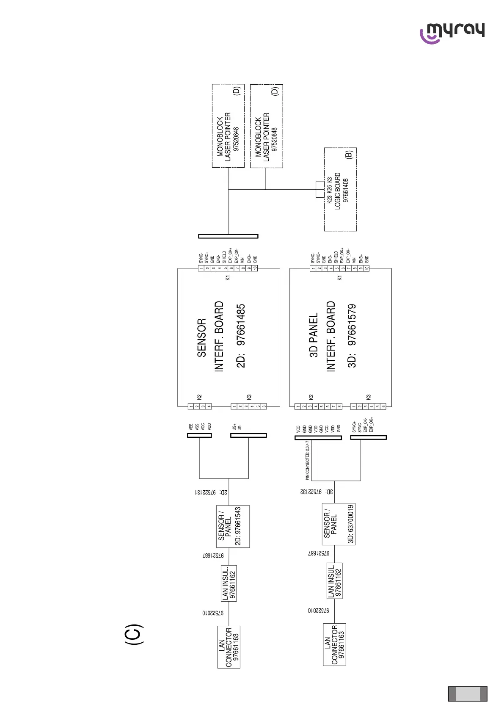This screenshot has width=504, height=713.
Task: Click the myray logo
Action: point(452,33)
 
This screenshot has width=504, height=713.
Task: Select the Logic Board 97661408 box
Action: point(340,189)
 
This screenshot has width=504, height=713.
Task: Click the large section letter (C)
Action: point(134,634)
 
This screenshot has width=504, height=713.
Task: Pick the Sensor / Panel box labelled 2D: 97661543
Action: point(232,526)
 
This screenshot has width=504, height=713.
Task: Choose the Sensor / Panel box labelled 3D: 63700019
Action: point(339,524)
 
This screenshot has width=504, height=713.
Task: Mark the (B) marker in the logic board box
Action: point(349,155)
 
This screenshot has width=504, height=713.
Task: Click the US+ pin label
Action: point(234,427)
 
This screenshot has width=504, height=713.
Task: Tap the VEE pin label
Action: point(191,427)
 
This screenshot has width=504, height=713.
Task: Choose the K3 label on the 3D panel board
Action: point(369,397)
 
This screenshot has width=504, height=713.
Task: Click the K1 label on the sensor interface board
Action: point(228,278)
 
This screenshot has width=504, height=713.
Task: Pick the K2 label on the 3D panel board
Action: point(311,397)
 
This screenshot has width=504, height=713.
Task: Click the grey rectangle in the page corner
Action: point(468,694)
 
